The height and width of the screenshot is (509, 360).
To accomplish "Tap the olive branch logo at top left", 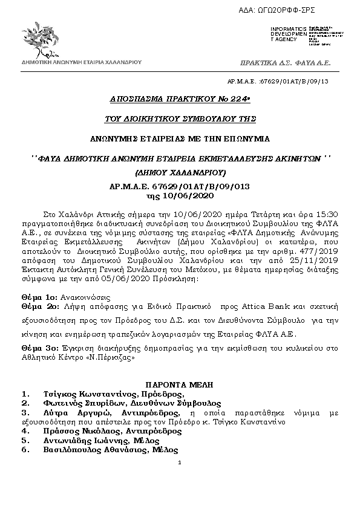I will click(x=46, y=41).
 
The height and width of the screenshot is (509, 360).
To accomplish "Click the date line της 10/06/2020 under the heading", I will click(x=180, y=195).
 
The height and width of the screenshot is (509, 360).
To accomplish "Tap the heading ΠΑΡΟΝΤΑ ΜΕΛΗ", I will click(x=180, y=385).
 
